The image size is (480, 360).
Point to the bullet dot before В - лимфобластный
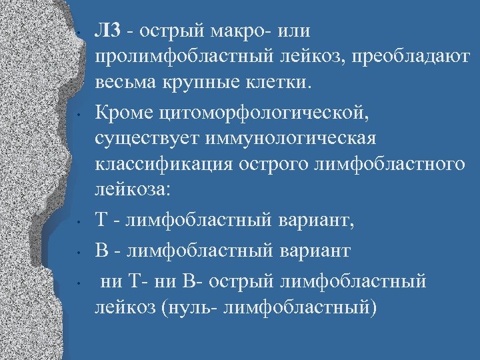coord(79,252)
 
